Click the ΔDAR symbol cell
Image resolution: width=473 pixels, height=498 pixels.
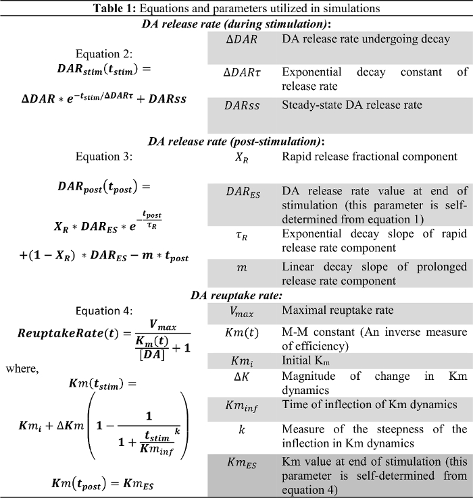[x=241, y=39]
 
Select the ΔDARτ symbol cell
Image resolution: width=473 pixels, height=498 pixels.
[x=241, y=72]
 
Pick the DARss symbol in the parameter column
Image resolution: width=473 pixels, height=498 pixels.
[x=241, y=105]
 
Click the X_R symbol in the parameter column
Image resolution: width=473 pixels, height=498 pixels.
[x=241, y=157]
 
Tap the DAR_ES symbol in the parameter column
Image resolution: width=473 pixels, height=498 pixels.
[x=241, y=191]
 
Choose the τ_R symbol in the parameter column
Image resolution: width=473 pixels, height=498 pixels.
[x=241, y=235]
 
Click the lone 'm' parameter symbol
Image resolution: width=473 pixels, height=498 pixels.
[x=241, y=269]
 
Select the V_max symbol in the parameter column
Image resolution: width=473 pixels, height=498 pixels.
[x=241, y=312]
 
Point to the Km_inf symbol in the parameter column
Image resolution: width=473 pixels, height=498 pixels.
[x=241, y=406]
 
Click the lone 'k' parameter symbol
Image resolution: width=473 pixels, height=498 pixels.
[x=241, y=430]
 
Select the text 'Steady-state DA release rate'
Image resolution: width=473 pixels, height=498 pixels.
[x=351, y=105]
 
